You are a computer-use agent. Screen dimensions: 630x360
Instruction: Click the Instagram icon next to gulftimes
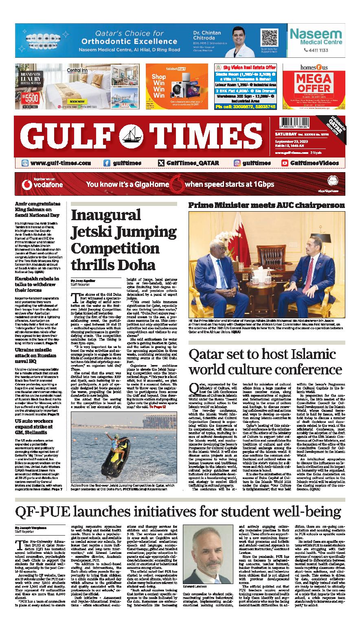click(237, 163)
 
